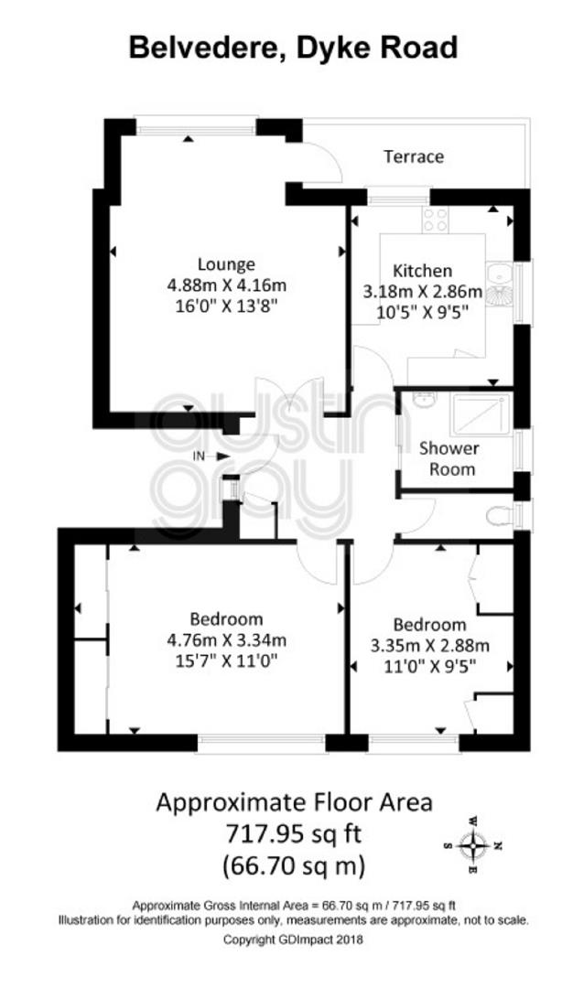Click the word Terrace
pos(414,156)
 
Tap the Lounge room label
pos(226,264)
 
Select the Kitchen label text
pos(423,271)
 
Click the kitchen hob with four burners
pos(436,220)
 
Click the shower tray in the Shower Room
pos(481,414)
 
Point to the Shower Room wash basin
pos(424,399)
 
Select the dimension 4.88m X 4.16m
pos(226,285)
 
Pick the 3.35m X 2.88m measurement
pos(430,646)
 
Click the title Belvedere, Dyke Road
pos(293,48)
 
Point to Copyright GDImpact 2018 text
pos(294,940)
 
